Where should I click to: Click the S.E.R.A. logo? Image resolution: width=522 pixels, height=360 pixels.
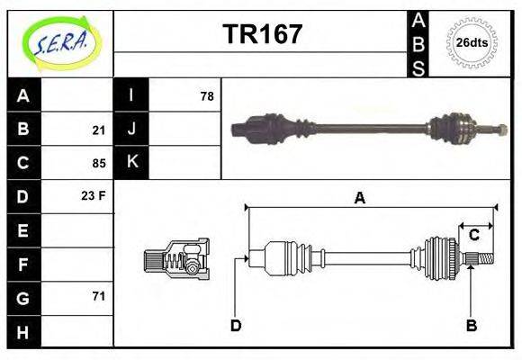pyautogui.click(x=59, y=42)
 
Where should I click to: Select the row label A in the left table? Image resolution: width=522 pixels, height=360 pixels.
pyautogui.click(x=23, y=95)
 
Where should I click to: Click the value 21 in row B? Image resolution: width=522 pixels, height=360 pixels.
pyautogui.click(x=98, y=130)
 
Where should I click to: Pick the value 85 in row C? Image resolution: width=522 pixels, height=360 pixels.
pyautogui.click(x=98, y=164)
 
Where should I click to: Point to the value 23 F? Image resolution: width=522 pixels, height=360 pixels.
pyautogui.click(x=94, y=195)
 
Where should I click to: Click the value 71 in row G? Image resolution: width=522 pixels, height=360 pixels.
pyautogui.click(x=98, y=296)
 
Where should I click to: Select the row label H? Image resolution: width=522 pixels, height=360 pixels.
pyautogui.click(x=23, y=331)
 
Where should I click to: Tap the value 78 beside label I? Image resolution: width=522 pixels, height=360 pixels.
pyautogui.click(x=207, y=95)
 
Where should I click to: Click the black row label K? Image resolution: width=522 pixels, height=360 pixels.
pyautogui.click(x=132, y=162)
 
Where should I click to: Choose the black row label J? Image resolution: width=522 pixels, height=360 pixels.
pyautogui.click(x=132, y=129)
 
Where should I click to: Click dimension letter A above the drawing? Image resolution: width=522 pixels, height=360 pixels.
pyautogui.click(x=359, y=199)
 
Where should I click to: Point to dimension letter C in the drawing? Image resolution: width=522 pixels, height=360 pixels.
pyautogui.click(x=473, y=236)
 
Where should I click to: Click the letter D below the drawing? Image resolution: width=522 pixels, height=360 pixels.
pyautogui.click(x=236, y=325)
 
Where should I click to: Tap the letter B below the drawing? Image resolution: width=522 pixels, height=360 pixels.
pyautogui.click(x=471, y=325)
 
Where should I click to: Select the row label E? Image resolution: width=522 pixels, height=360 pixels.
pyautogui.click(x=23, y=230)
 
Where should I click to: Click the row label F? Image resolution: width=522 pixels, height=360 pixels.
pyautogui.click(x=23, y=265)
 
